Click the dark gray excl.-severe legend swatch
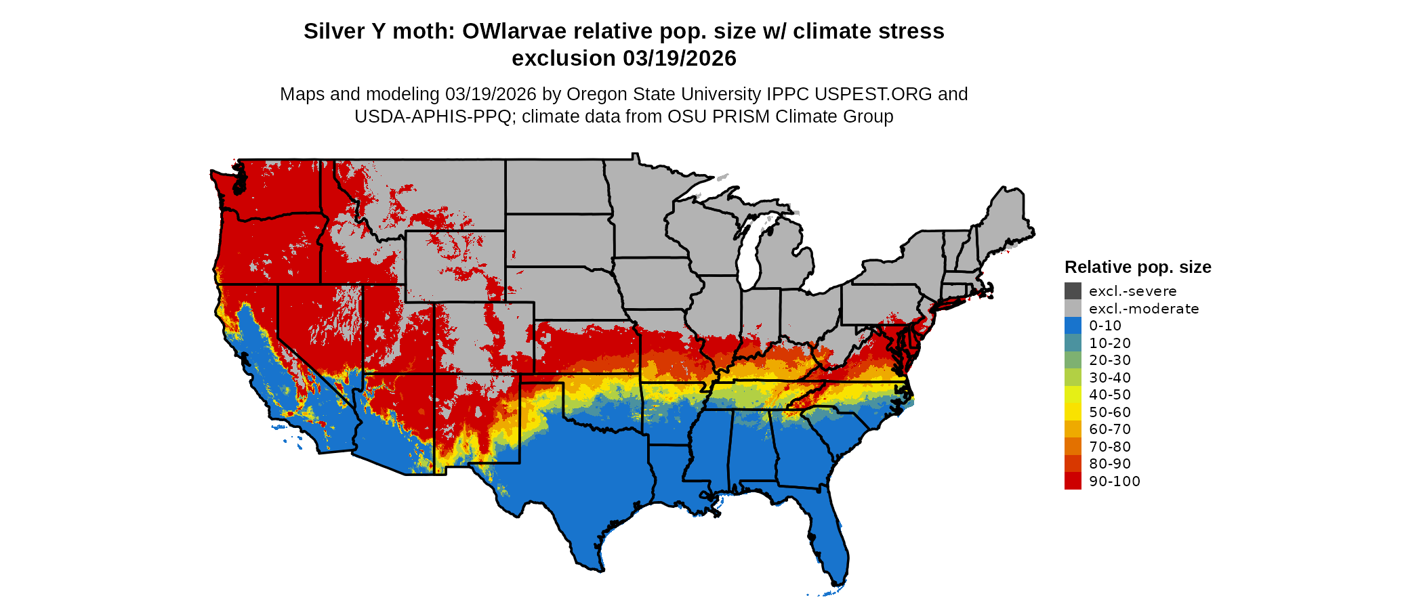pos(1073,291)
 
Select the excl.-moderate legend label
pos(1144,309)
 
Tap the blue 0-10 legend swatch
pos(1073,326)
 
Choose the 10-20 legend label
pos(1110,343)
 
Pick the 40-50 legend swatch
pos(1073,395)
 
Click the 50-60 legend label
pos(1110,412)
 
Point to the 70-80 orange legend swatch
pos(1073,447)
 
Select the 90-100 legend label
pos(1115,481)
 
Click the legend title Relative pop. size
pos(1138,267)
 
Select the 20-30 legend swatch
pos(1073,360)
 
